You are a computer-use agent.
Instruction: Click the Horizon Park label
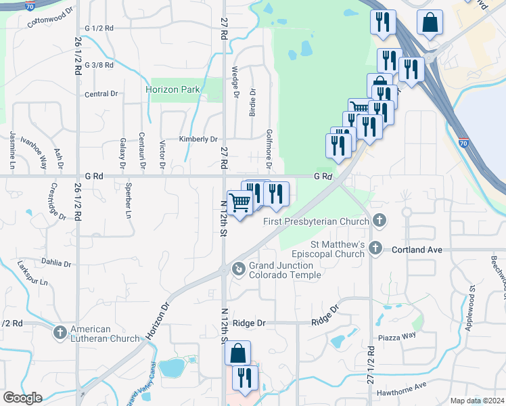(173, 89)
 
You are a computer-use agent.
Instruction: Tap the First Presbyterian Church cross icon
(379, 221)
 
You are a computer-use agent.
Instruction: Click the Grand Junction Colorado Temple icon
(238, 269)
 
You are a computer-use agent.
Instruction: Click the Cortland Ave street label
(417, 250)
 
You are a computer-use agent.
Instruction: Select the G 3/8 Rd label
(99, 65)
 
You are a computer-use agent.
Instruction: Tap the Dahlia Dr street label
(56, 263)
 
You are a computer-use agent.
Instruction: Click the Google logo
(22, 398)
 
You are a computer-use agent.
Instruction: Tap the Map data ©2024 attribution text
(476, 401)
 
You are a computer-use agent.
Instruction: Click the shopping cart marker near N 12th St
(240, 202)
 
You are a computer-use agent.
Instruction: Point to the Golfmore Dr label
(269, 150)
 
